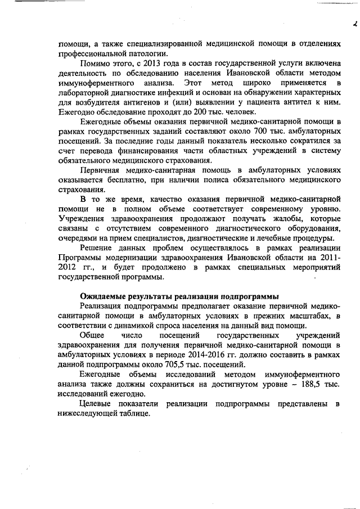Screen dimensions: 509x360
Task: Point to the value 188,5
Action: point(302,384)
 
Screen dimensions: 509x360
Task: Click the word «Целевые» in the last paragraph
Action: point(96,403)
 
